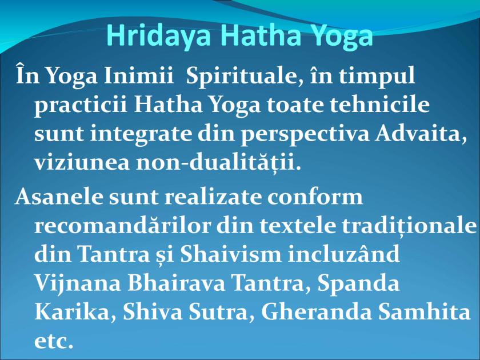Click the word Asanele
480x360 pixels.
point(56,197)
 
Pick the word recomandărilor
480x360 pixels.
point(121,225)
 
